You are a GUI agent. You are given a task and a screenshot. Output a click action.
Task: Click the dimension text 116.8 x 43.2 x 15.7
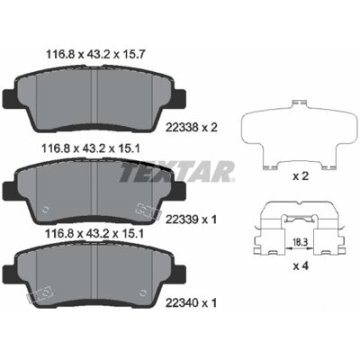click(x=95, y=54)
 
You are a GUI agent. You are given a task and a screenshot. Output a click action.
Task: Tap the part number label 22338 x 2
click(x=192, y=128)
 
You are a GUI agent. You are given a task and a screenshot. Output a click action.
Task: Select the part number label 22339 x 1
click(x=191, y=220)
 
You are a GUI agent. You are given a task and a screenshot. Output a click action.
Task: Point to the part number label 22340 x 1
click(x=191, y=303)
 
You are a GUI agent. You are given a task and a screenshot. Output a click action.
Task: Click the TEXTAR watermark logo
click(x=177, y=172)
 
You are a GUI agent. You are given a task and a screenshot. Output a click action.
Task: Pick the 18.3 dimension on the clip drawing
click(x=299, y=241)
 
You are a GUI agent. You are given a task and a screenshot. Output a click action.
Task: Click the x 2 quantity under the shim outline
click(x=301, y=176)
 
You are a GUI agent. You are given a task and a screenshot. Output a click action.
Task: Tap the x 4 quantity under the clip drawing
click(x=301, y=265)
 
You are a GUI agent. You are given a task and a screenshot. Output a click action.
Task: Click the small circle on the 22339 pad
click(x=46, y=210)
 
